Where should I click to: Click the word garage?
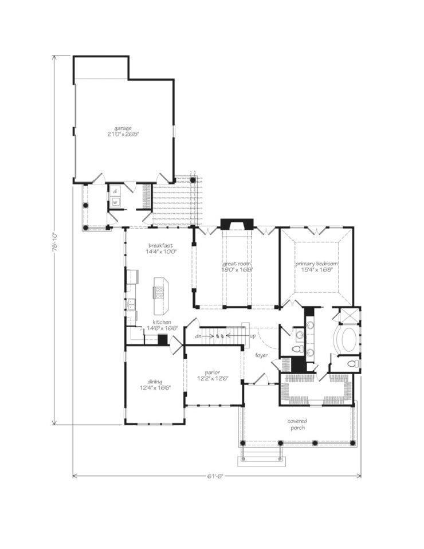tap(123, 128)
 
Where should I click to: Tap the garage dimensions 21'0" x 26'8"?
tap(123, 134)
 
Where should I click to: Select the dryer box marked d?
tap(115, 191)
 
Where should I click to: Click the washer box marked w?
tap(115, 202)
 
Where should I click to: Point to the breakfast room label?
tap(160, 245)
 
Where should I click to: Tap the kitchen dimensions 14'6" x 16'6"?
tap(161, 328)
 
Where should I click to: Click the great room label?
tap(237, 263)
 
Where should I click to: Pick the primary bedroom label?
tap(317, 264)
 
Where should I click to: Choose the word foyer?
tap(262, 355)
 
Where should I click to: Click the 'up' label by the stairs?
tap(253, 336)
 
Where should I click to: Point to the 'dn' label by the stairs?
tap(198, 336)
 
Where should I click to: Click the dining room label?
tap(155, 382)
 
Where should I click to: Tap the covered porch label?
tap(297, 424)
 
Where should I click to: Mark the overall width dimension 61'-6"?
tap(216, 476)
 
